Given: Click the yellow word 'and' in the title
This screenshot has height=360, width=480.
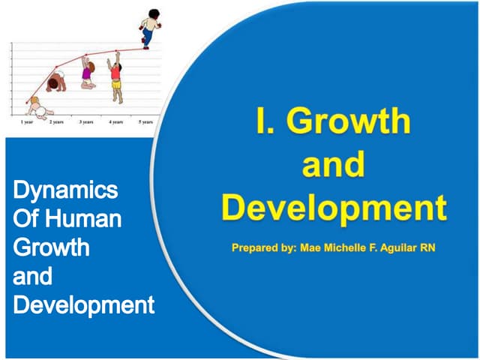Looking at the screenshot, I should coord(334,165).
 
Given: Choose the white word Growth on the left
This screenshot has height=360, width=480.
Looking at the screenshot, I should coord(51,247).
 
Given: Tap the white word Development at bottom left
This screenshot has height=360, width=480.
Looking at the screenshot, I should coord(84,305).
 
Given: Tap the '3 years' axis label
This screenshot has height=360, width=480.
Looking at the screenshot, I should coord(86,121).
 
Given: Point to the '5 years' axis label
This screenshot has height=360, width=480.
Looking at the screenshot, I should coord(145,121).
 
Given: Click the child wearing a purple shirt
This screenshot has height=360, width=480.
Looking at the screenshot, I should coord(88,75).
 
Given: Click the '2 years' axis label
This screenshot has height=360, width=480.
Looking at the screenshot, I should coord(56,121).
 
